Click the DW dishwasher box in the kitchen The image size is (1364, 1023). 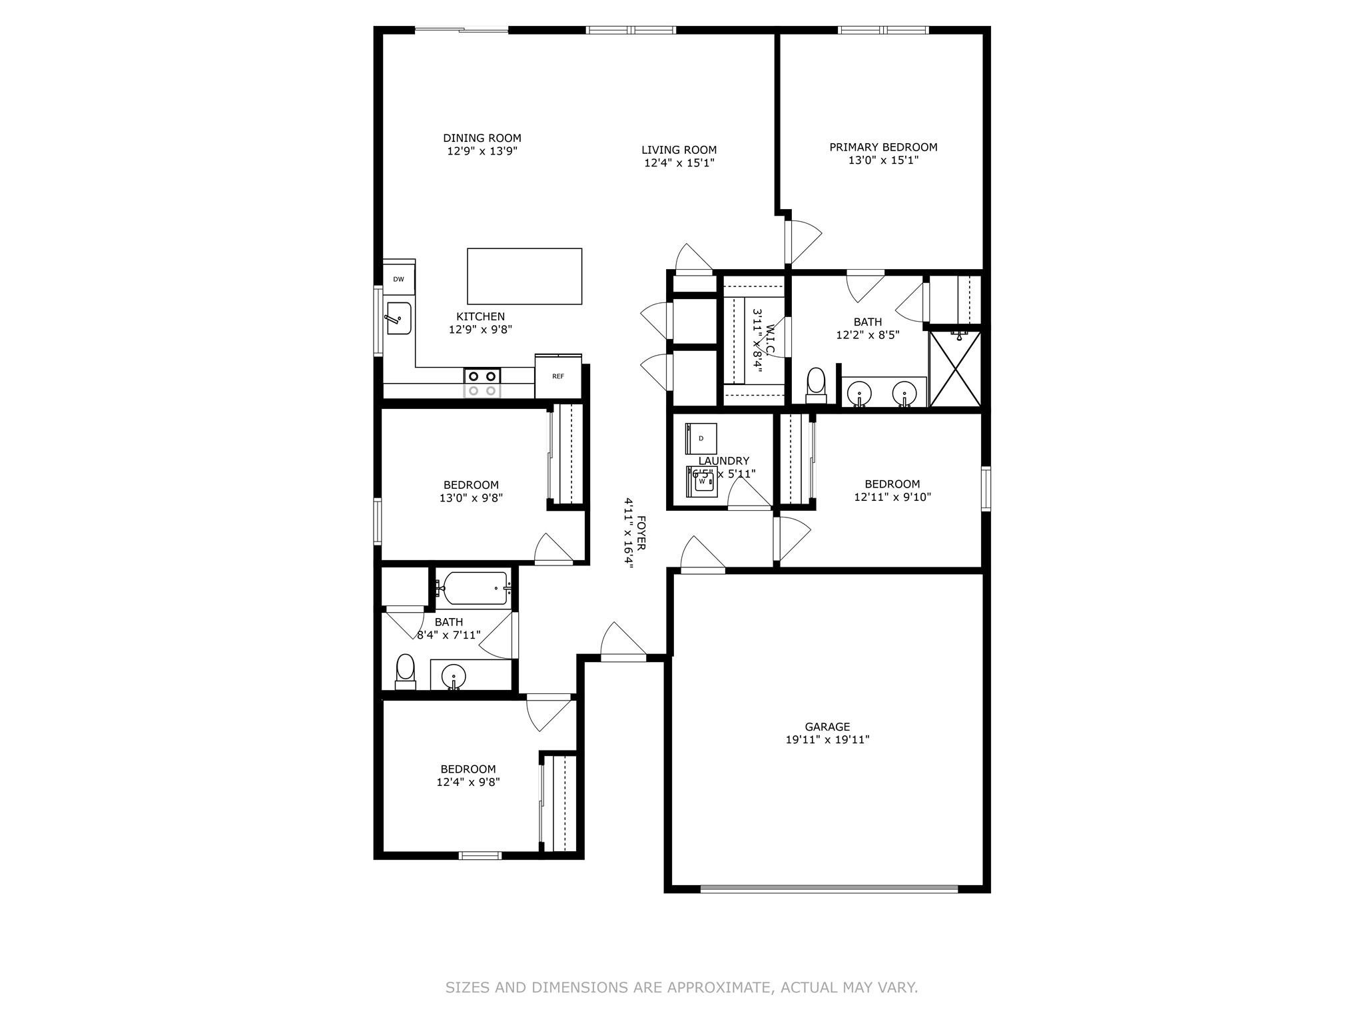[x=398, y=279]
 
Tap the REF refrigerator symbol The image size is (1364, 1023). [x=558, y=376]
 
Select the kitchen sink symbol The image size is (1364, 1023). [x=399, y=318]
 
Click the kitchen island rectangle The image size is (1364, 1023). [x=524, y=276]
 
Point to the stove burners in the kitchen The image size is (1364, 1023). [x=482, y=384]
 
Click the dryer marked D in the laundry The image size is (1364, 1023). [x=701, y=438]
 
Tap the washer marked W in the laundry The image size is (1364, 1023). [x=702, y=481]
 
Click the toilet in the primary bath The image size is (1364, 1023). [x=815, y=385]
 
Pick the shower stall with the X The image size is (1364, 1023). [x=955, y=370]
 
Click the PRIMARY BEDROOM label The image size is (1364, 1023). [x=883, y=147]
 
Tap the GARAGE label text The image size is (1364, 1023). [x=827, y=727]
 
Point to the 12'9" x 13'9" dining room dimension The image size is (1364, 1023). [x=482, y=151]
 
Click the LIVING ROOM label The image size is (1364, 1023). [x=679, y=150]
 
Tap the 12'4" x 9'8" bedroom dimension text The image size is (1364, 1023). [x=468, y=782]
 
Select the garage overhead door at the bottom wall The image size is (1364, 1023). [x=829, y=888]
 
